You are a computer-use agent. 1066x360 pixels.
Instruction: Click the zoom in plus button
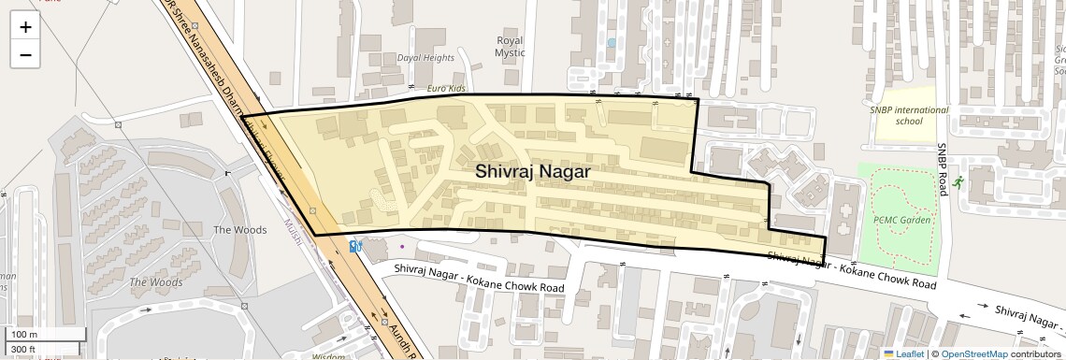[25, 26]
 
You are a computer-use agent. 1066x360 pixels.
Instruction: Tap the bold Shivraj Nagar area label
[532, 171]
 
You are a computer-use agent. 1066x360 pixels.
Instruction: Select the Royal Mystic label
[510, 47]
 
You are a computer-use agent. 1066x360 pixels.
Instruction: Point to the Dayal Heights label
[425, 57]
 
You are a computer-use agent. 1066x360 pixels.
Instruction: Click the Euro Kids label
[446, 88]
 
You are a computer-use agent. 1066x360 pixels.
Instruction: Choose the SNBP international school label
[908, 115]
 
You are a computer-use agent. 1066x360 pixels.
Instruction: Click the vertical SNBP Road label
[944, 167]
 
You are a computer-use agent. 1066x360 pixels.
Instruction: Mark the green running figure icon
[958, 182]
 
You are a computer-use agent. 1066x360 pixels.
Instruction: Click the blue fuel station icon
[355, 246]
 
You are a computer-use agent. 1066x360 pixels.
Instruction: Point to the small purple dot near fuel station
[402, 247]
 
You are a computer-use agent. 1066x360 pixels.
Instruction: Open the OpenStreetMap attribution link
[974, 354]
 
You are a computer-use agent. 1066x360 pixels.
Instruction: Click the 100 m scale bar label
[25, 334]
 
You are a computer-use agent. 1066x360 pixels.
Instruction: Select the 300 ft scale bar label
[24, 350]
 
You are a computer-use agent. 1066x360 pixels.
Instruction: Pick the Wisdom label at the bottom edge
[328, 355]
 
